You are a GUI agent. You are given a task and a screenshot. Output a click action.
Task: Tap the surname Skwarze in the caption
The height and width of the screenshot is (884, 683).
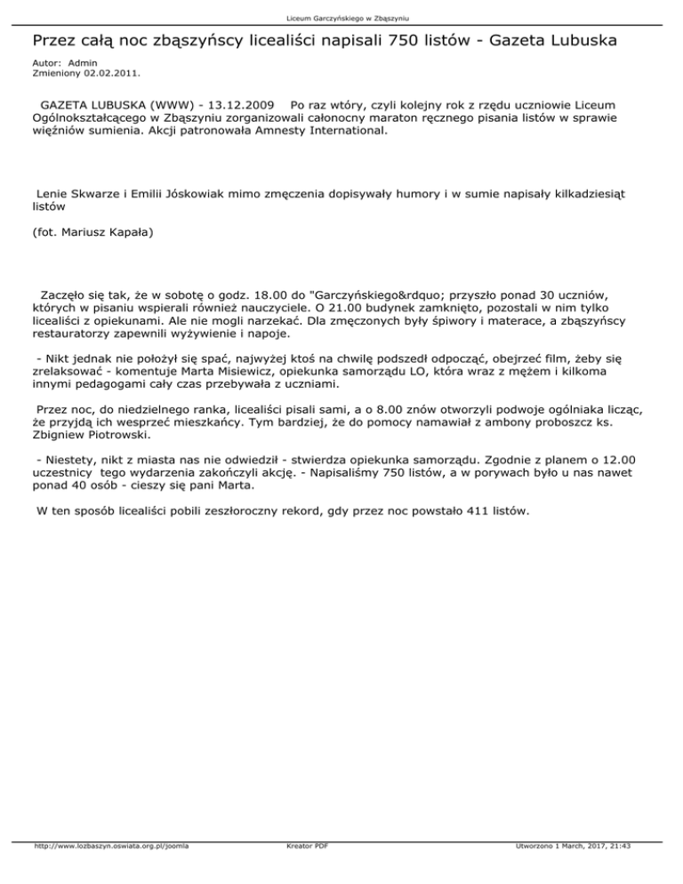pos(95,192)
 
